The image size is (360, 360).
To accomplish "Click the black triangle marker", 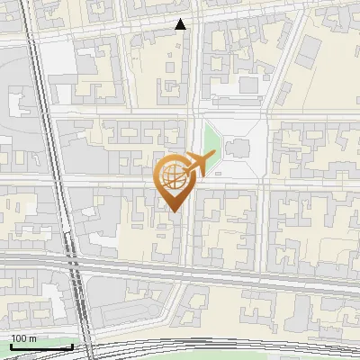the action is coord(181,24).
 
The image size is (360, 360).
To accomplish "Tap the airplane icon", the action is coord(197,163).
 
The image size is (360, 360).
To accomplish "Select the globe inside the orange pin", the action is coord(174,178).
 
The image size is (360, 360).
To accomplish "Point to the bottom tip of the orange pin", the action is coord(175,211).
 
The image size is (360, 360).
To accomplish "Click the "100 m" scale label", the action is coord(23,338).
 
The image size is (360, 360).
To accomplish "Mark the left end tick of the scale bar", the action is coord(10,345).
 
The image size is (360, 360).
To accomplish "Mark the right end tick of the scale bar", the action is coord(38,345).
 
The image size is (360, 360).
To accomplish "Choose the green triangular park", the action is coord(211,142).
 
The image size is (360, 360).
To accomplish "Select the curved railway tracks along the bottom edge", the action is coord(225,346).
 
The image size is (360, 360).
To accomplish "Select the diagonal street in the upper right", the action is coord(284,54).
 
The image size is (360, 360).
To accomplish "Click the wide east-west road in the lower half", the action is coord(225,271).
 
